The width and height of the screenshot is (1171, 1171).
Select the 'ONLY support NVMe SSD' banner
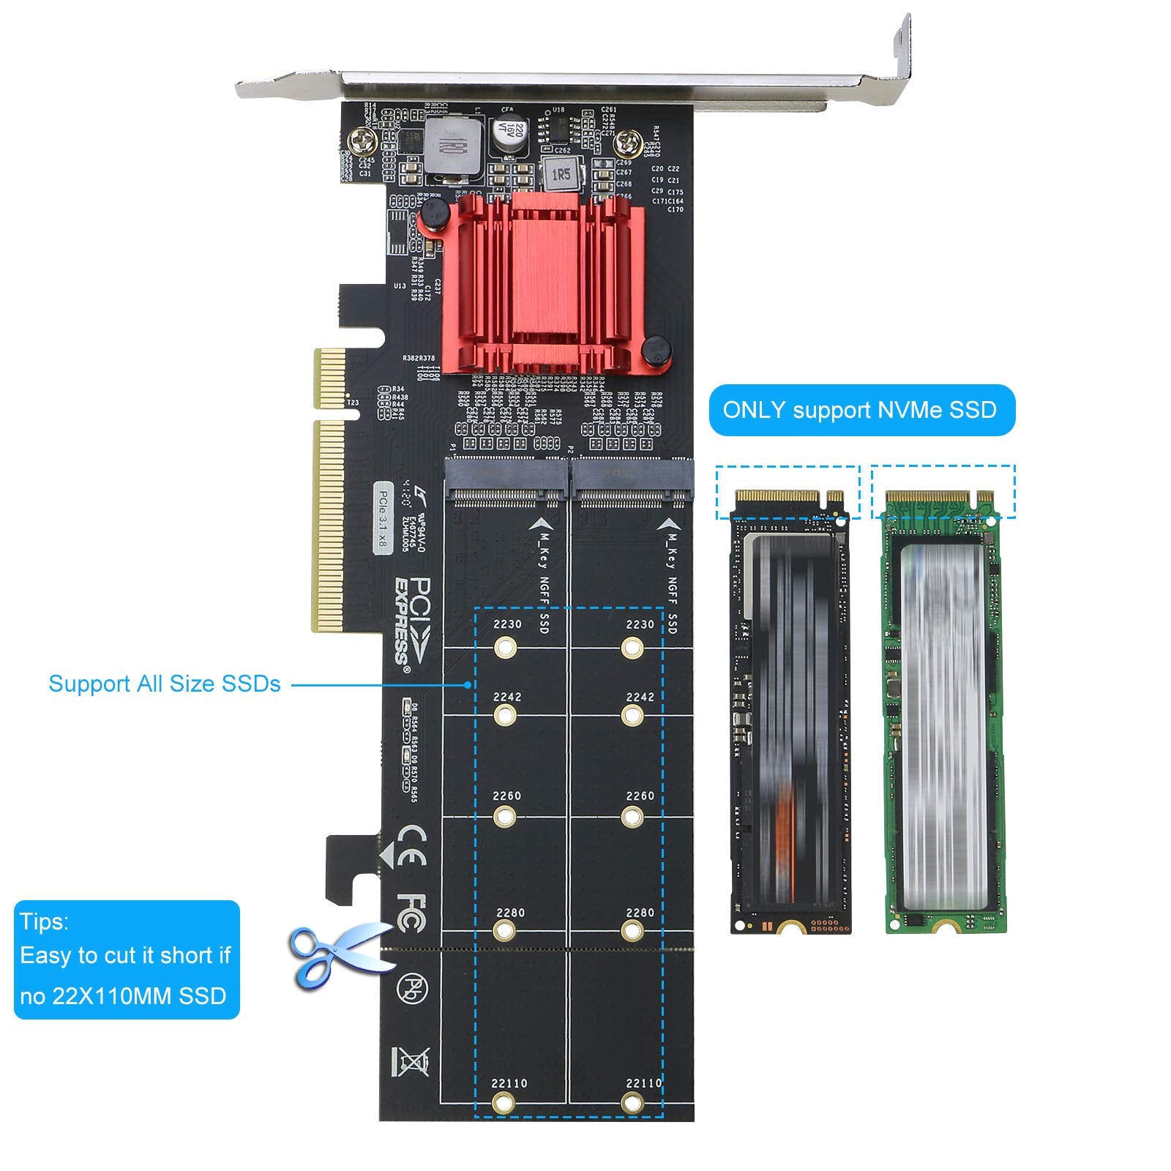tap(861, 410)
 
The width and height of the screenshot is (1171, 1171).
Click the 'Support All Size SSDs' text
tap(165, 684)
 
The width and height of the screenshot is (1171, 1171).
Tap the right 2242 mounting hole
tap(632, 715)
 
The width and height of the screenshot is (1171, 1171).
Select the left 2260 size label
tap(506, 796)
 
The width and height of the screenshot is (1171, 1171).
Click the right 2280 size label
tap(640, 913)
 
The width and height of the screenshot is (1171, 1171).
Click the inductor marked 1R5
tap(561, 175)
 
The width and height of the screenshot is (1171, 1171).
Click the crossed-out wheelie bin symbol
tap(411, 1061)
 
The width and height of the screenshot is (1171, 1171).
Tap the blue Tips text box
tap(127, 959)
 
